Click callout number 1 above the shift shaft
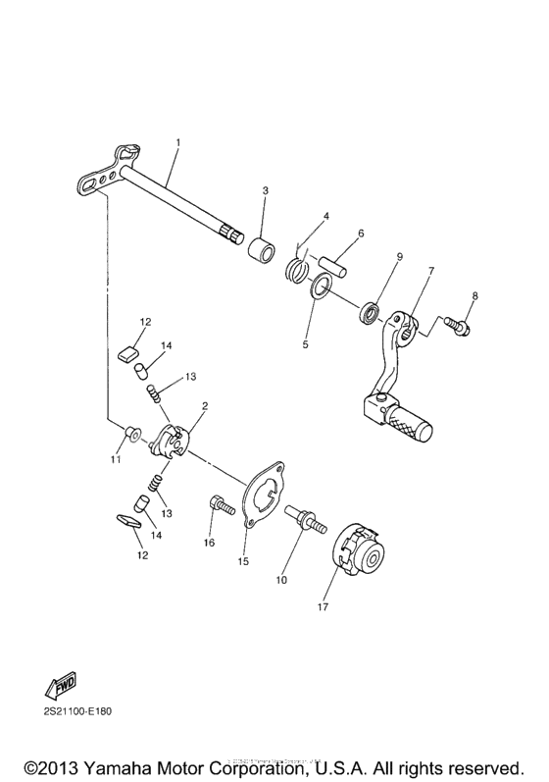tap(177, 142)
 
